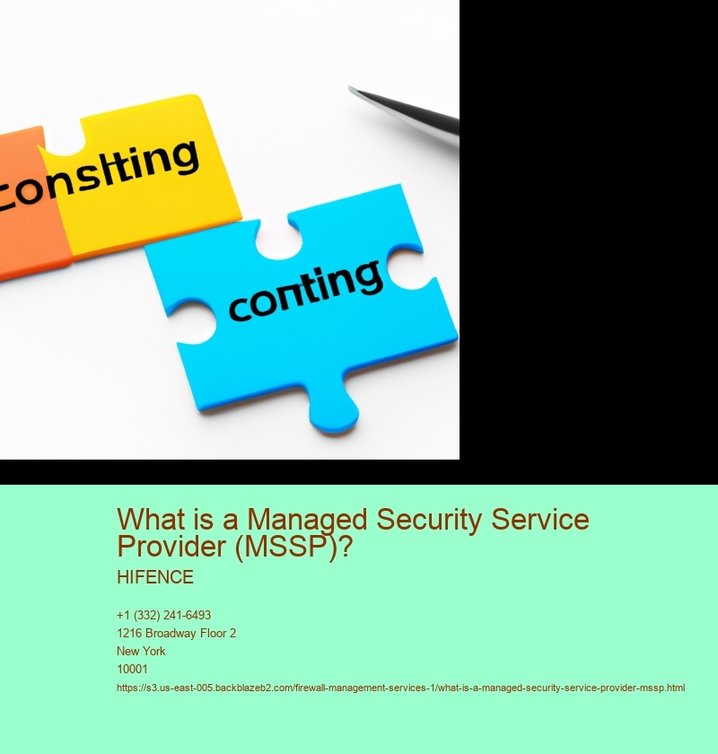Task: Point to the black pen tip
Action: click(354, 90)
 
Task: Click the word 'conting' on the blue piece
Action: click(305, 290)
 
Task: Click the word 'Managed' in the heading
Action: click(307, 521)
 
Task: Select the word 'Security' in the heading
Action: click(429, 521)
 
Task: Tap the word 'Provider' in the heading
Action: click(171, 546)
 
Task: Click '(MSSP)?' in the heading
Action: click(293, 547)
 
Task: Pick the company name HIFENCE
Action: click(155, 577)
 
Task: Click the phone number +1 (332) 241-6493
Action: click(163, 615)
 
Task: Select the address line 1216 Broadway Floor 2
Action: click(176, 634)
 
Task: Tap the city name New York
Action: click(141, 651)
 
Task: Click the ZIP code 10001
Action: click(132, 669)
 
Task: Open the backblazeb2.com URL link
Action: click(400, 688)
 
